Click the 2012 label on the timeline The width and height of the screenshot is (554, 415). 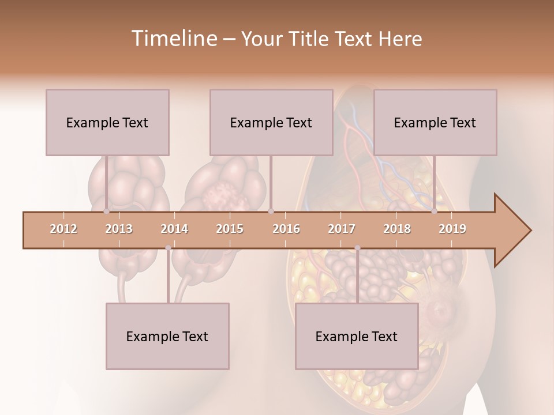tap(63, 229)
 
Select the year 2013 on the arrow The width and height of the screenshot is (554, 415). tap(119, 229)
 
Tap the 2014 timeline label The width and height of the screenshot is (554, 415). tap(174, 229)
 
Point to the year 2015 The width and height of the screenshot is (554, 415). tap(230, 229)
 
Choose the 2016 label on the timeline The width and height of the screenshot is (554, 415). tap(286, 229)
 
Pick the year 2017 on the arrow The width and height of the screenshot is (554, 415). tap(342, 229)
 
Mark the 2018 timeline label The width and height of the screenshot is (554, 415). tap(397, 229)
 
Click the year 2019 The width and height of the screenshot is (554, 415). tap(452, 229)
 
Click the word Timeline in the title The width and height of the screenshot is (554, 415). tap(173, 39)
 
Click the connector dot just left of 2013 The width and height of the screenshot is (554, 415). tap(106, 212)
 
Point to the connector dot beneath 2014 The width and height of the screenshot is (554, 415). tap(168, 248)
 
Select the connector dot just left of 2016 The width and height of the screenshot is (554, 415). tap(271, 212)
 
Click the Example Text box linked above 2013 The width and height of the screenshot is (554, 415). tap(107, 122)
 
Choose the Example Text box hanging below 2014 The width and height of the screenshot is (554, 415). tap(167, 336)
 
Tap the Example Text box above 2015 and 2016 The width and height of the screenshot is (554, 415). tap(271, 122)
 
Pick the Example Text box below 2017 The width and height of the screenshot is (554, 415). tap(357, 336)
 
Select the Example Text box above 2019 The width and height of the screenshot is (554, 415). tap(435, 122)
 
